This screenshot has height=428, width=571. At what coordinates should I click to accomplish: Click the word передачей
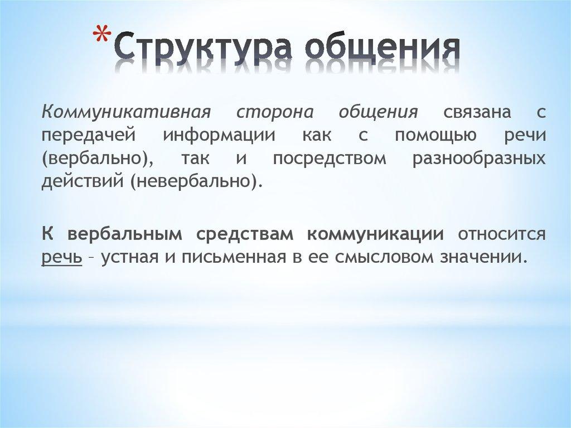point(88,136)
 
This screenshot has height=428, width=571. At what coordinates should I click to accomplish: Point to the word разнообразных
point(479,159)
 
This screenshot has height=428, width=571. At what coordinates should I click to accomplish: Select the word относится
point(501,234)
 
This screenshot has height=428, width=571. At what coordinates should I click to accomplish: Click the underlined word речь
point(62,258)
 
